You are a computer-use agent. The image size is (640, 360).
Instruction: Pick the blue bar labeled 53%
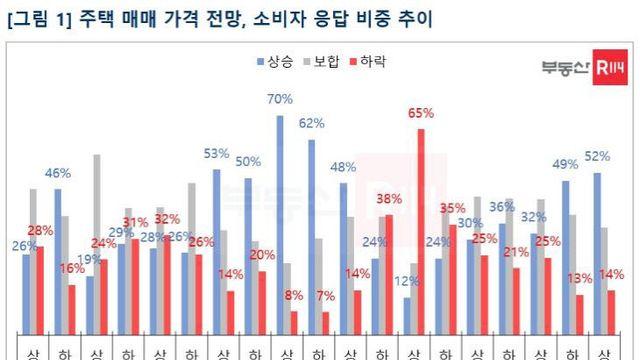(x=216, y=250)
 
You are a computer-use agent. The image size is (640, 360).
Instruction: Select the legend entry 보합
(x=322, y=62)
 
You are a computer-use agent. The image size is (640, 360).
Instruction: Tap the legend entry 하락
(x=369, y=62)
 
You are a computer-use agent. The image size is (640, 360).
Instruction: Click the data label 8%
(x=293, y=295)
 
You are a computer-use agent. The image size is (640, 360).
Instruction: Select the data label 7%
(x=325, y=296)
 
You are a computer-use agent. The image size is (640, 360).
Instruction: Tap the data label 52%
(x=597, y=157)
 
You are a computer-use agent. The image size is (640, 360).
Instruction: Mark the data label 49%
(x=565, y=165)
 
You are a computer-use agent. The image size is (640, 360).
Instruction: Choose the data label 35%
(x=453, y=209)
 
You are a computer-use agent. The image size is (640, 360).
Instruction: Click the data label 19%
(x=89, y=260)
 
